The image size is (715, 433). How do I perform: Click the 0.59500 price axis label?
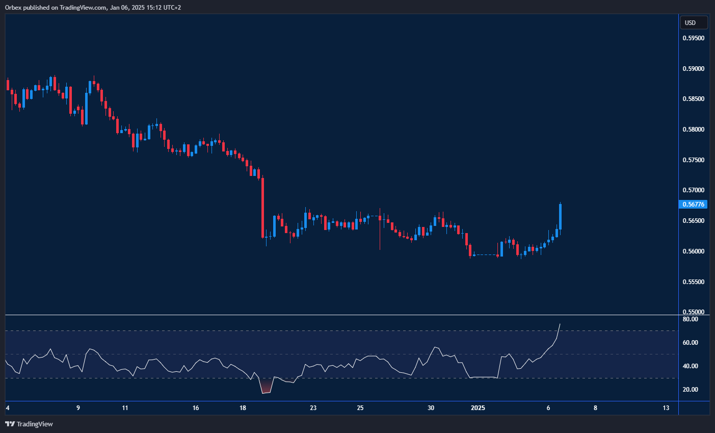[693, 38]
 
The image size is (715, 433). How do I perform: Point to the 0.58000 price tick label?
[693, 130]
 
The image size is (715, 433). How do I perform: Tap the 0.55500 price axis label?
[693, 282]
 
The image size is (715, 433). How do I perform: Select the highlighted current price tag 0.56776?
[693, 205]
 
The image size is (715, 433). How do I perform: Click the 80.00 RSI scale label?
[690, 319]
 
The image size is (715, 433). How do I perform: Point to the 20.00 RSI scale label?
[690, 390]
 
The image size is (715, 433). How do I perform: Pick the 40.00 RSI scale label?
[690, 366]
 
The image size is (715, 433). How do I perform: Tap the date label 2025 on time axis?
[478, 408]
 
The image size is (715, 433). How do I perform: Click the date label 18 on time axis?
[243, 408]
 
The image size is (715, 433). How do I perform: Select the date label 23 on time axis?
[313, 408]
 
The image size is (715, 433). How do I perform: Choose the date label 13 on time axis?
[666, 408]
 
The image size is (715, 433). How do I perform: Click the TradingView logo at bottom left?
[29, 424]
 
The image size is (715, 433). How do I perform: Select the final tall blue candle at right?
[560, 217]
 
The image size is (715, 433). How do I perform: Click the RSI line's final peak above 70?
[560, 324]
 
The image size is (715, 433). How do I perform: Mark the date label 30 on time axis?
[431, 408]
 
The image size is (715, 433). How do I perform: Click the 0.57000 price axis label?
[693, 190]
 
